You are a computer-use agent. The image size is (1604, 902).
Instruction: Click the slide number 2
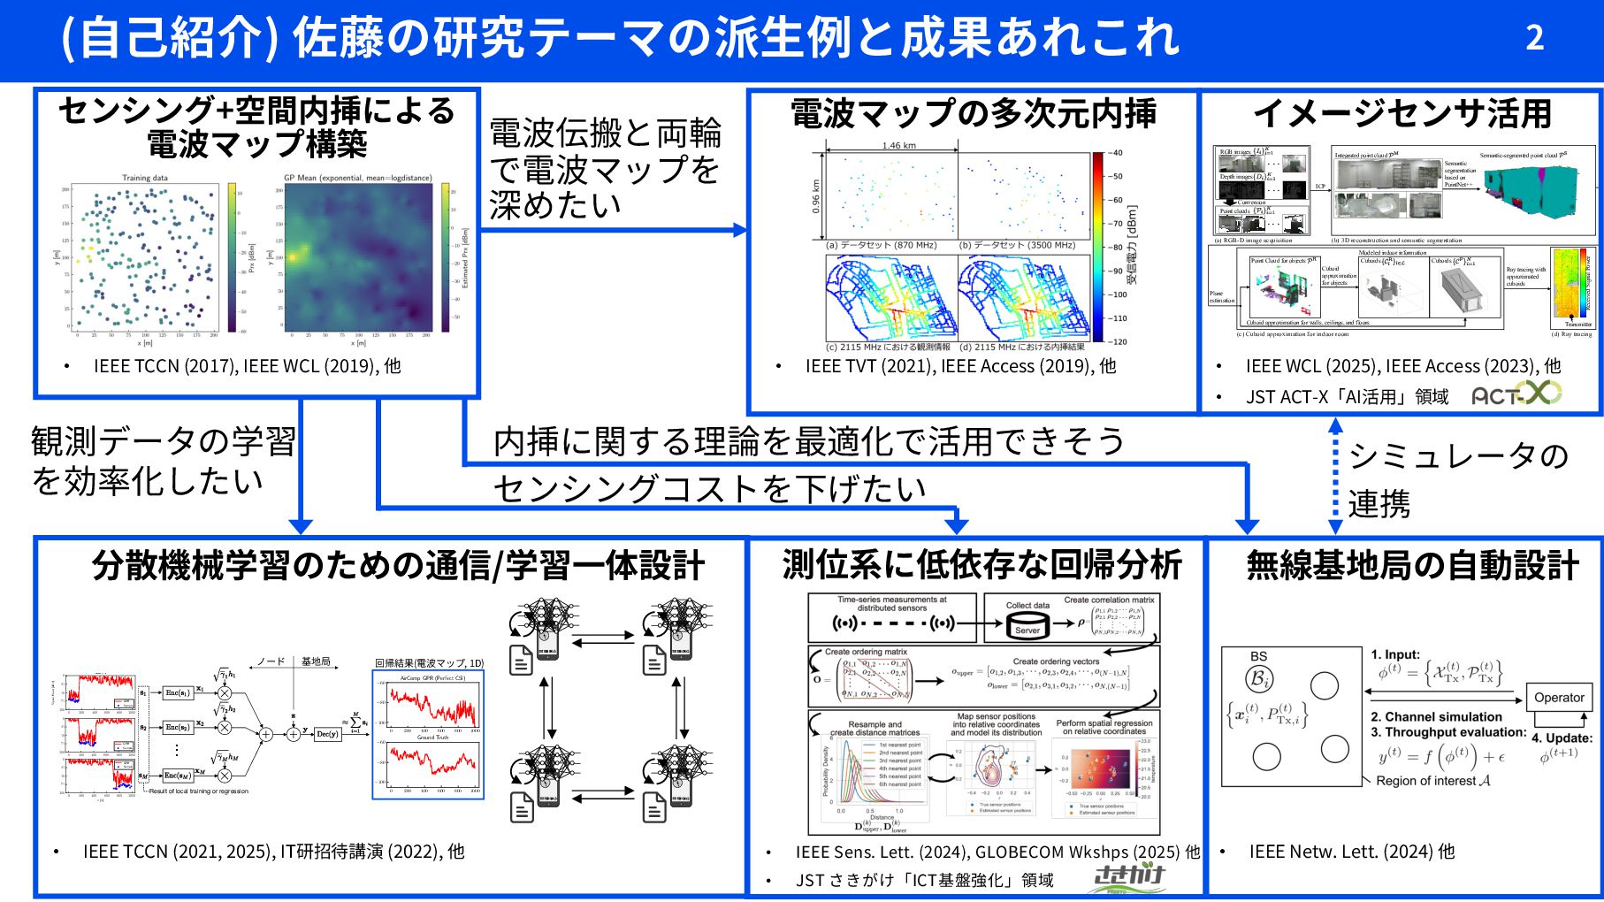(x=1534, y=38)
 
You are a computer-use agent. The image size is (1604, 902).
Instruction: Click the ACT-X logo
(x=1516, y=394)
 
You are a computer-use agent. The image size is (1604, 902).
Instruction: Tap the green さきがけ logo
(x=1128, y=877)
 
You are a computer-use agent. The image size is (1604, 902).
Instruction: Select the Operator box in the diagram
(x=1559, y=698)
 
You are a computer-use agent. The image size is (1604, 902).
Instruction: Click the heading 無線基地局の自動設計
(x=1412, y=566)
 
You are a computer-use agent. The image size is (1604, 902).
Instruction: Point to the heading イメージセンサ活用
(x=1402, y=113)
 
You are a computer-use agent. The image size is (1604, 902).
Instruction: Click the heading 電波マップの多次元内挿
(x=973, y=113)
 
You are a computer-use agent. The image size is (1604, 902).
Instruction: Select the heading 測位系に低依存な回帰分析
(x=981, y=565)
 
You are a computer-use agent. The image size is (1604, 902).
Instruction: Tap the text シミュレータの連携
(x=1457, y=479)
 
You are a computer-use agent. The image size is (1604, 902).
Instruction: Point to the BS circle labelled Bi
(x=1259, y=679)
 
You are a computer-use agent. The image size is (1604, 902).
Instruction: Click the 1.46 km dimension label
(x=898, y=146)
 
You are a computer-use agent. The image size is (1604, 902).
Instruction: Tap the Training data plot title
(x=144, y=178)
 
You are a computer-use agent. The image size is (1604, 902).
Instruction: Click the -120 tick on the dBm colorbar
(x=1119, y=341)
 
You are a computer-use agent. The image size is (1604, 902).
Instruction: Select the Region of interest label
(x=1432, y=781)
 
